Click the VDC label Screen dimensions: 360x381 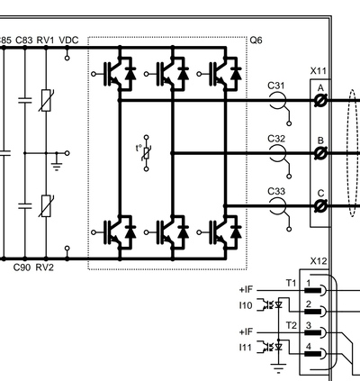pyautogui.click(x=68, y=41)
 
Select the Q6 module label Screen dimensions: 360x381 pyautogui.click(x=256, y=41)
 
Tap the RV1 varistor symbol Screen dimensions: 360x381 pyautogui.click(x=46, y=101)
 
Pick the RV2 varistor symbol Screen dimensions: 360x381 pyautogui.click(x=46, y=206)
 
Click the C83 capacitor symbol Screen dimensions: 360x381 pyautogui.click(x=24, y=100)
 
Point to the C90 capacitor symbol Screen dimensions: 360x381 pyautogui.click(x=24, y=206)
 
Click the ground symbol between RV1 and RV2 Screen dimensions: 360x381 pyautogui.click(x=57, y=166)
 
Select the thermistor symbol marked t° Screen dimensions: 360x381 pyautogui.click(x=147, y=153)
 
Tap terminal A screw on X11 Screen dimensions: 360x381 pyautogui.click(x=320, y=101)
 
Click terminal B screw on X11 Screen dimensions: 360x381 pyautogui.click(x=320, y=153)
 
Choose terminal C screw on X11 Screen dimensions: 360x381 pyautogui.click(x=320, y=206)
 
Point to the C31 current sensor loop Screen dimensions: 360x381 pyautogui.click(x=277, y=101)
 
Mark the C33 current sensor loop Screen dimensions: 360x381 pyautogui.click(x=277, y=206)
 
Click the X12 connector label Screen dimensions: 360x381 pyautogui.click(x=319, y=261)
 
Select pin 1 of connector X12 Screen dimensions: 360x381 pyautogui.click(x=316, y=290)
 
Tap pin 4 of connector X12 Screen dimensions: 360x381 pyautogui.click(x=316, y=353)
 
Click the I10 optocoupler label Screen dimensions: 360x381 pyautogui.click(x=246, y=305)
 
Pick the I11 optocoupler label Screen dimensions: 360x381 pyautogui.click(x=245, y=348)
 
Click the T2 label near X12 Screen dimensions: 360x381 pyautogui.click(x=291, y=325)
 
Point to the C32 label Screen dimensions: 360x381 pyautogui.click(x=276, y=139)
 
